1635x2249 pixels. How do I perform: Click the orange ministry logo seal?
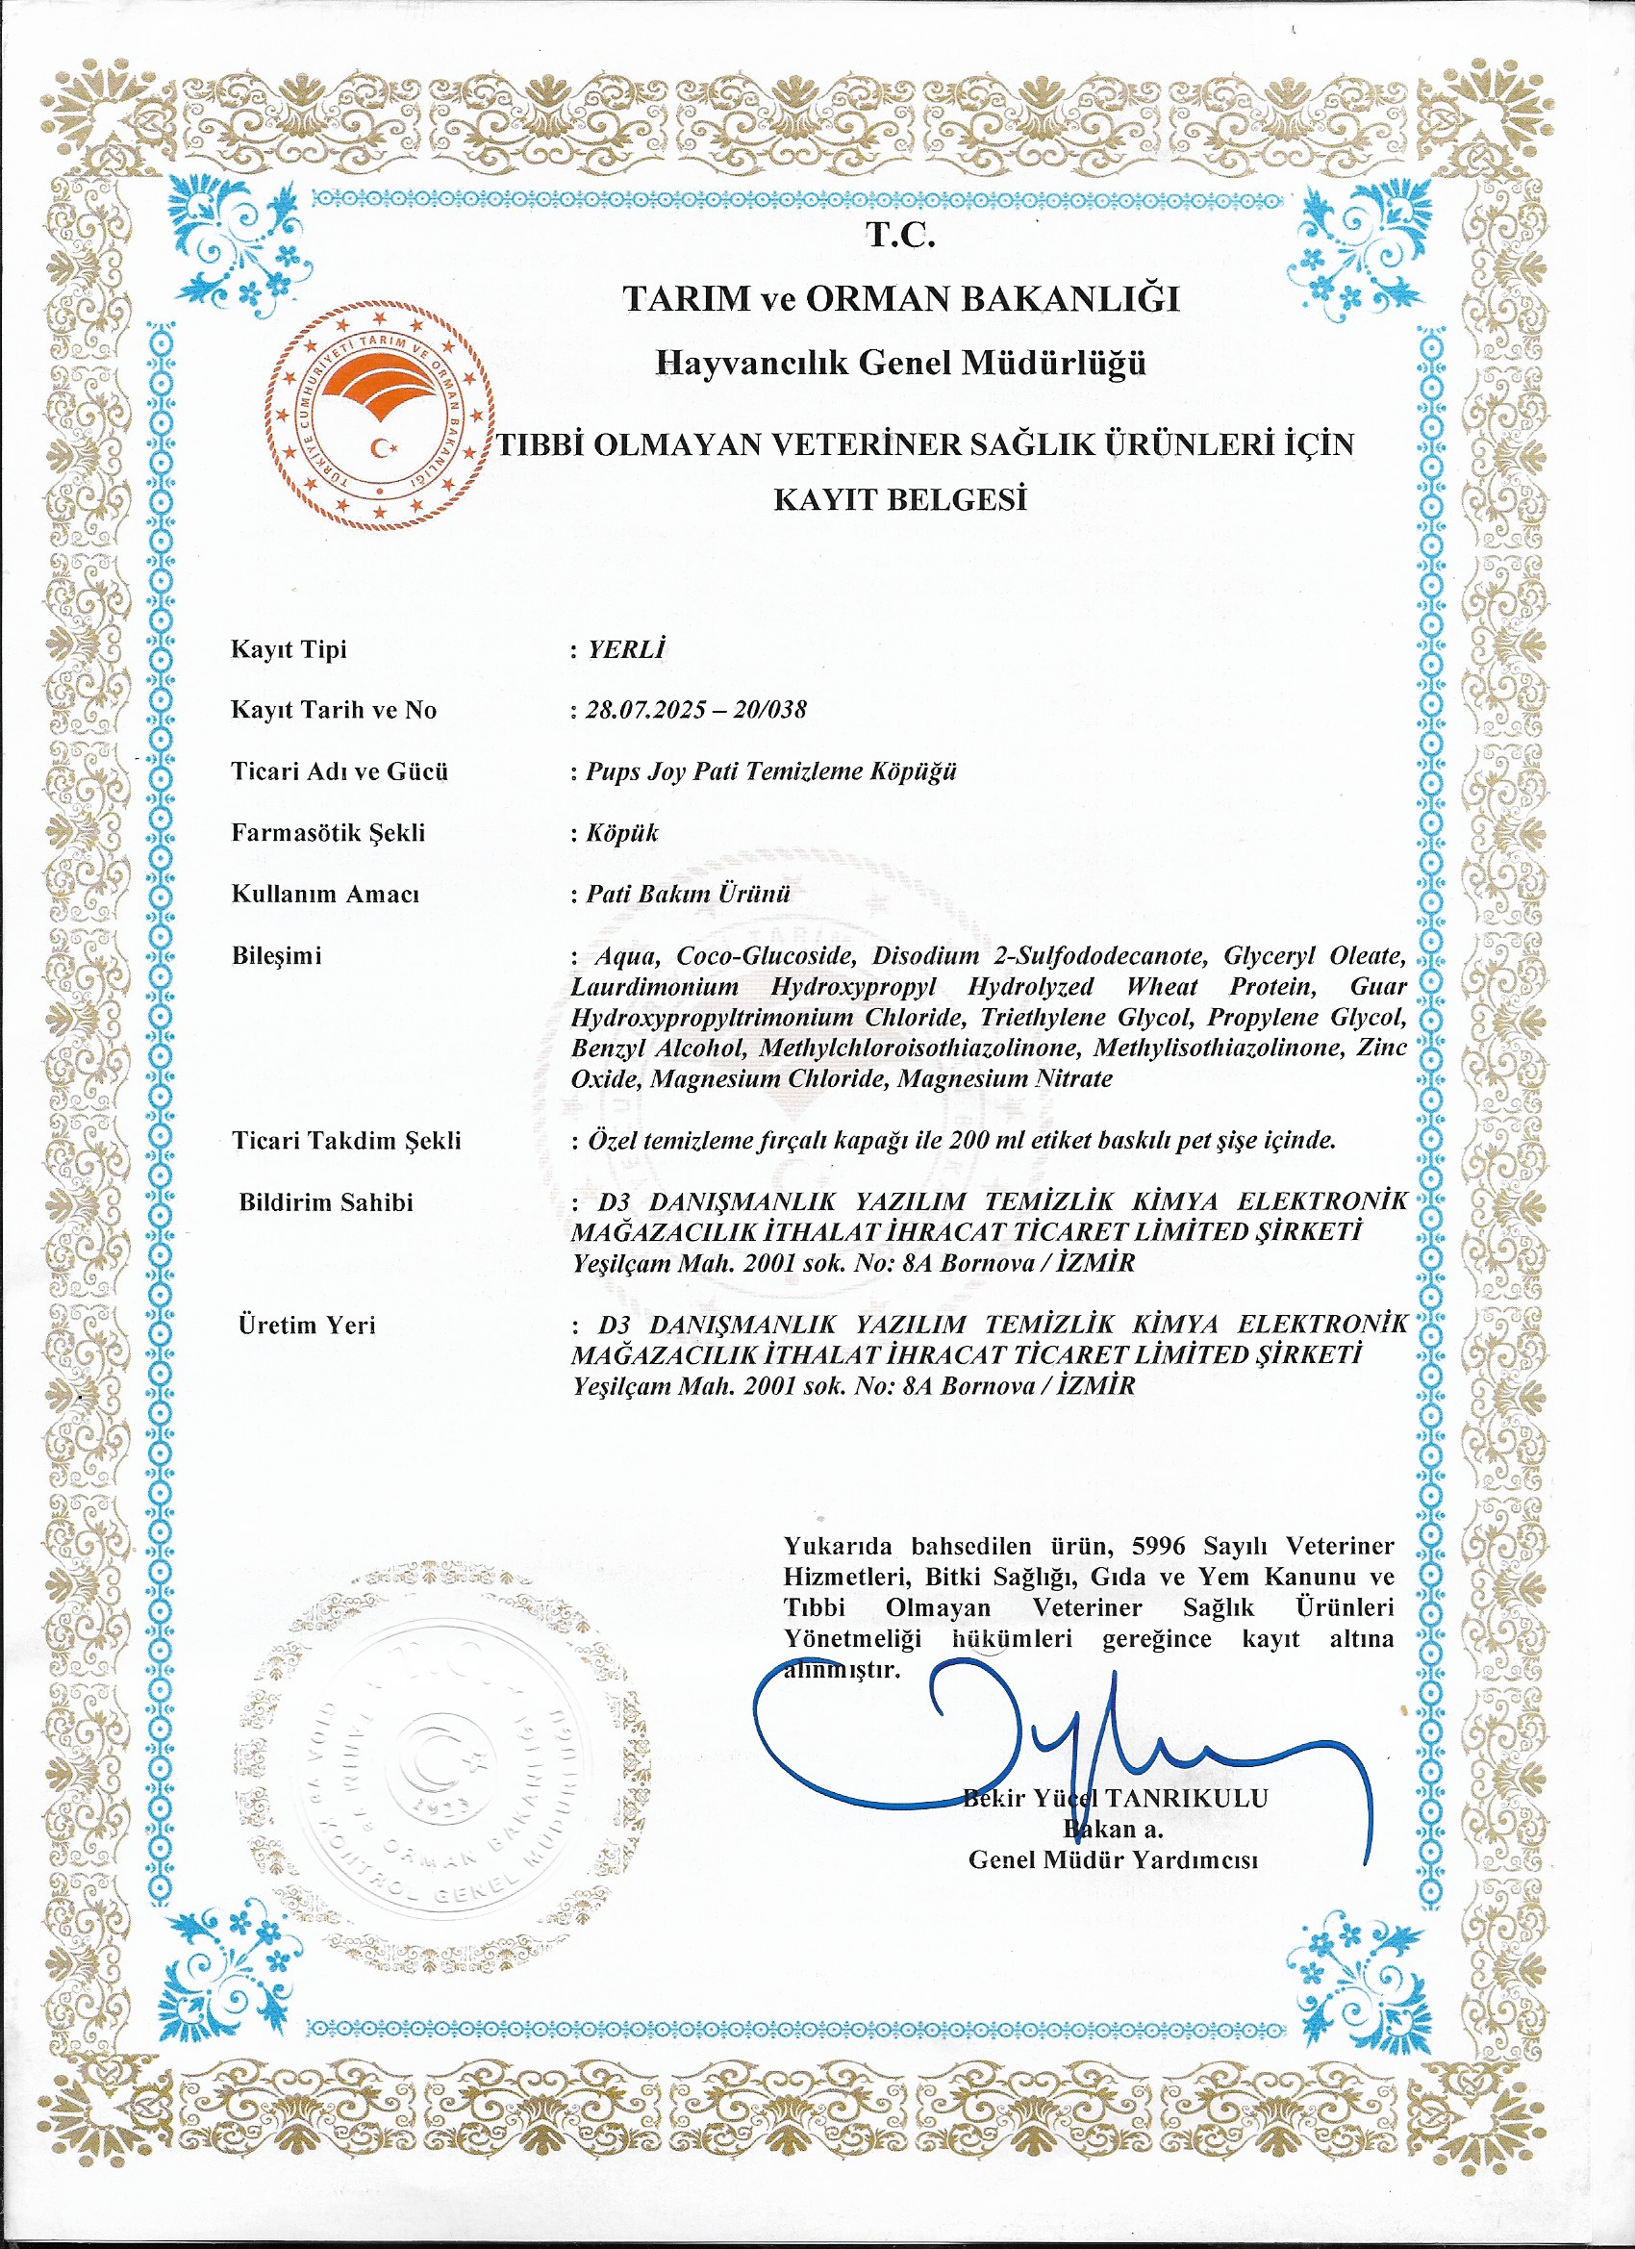click(x=383, y=416)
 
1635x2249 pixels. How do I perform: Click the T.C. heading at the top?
click(x=899, y=235)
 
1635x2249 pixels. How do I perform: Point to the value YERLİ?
click(x=626, y=649)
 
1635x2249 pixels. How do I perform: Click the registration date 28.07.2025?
click(x=645, y=710)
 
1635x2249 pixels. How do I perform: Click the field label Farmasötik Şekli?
click(x=328, y=832)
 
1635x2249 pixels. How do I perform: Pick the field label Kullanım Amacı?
click(x=325, y=894)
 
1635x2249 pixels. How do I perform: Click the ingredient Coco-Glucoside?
click(x=765, y=956)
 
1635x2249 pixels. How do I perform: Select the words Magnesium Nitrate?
click(x=1003, y=1079)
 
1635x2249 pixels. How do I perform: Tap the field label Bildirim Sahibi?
click(x=325, y=1202)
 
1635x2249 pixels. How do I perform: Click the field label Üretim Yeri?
click(x=307, y=1325)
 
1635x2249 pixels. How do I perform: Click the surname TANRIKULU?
click(x=1186, y=1798)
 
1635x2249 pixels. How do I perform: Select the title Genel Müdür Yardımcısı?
click(x=1113, y=1859)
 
